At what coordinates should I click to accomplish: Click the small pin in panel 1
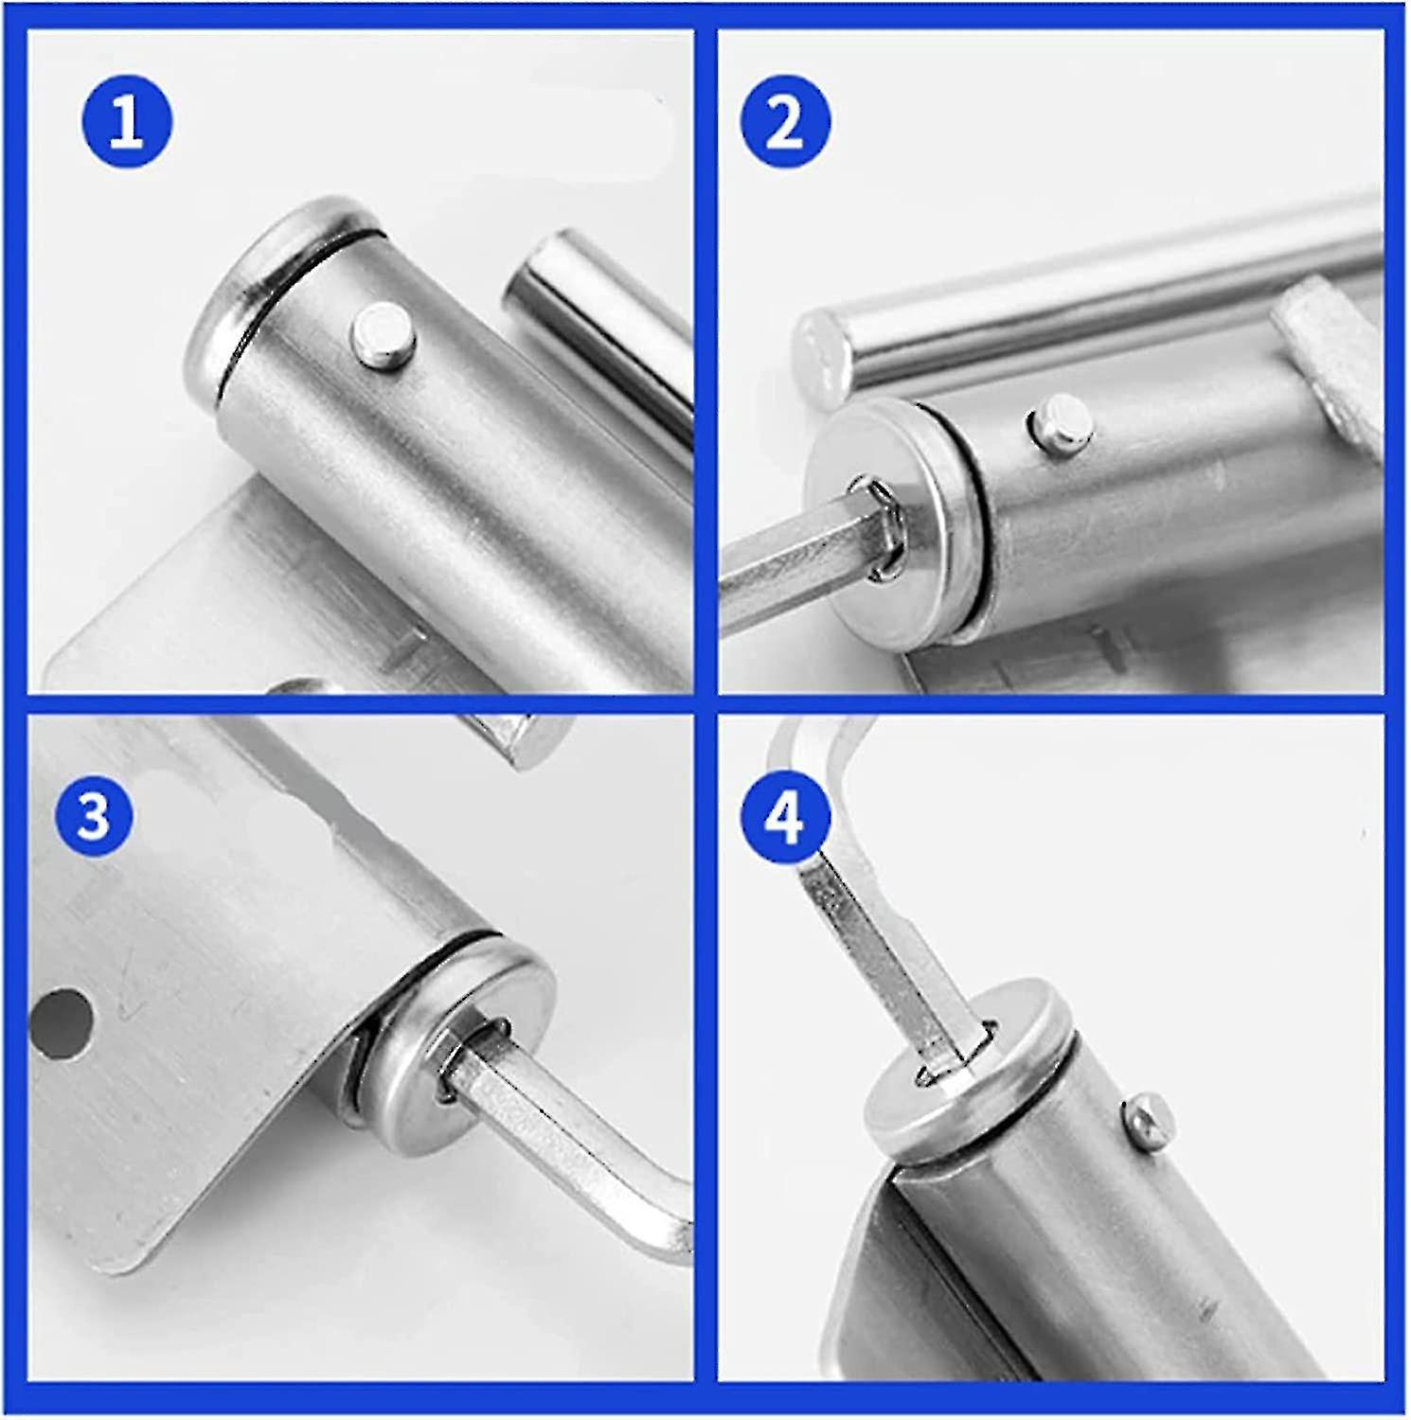click(x=384, y=334)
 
